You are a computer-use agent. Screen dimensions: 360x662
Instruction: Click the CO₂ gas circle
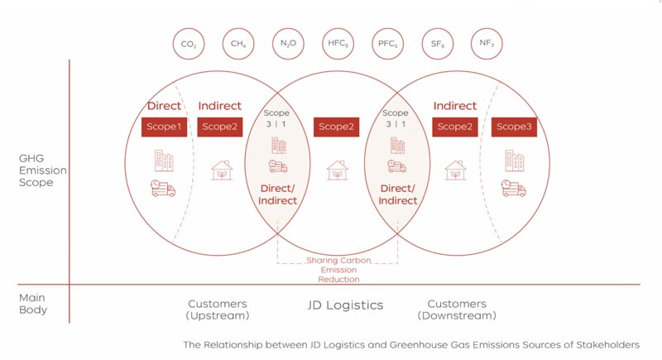point(188,43)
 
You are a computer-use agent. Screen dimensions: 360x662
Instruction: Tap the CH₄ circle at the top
point(237,43)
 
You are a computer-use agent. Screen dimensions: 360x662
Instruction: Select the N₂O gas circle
point(287,43)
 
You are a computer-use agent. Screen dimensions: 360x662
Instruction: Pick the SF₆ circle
point(436,43)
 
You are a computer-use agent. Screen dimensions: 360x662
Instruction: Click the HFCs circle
point(337,43)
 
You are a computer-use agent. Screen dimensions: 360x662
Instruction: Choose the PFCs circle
point(386,43)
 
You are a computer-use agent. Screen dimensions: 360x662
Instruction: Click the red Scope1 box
point(164,127)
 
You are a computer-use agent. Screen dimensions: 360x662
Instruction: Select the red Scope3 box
point(514,127)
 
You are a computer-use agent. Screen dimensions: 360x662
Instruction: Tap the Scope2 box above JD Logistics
point(337,127)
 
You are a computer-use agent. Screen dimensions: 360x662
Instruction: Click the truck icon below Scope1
point(163,188)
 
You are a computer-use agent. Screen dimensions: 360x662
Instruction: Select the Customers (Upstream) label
point(218,310)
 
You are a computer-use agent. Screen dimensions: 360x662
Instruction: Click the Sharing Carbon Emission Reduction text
point(337,270)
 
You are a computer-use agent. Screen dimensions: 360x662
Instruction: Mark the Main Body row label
point(33,304)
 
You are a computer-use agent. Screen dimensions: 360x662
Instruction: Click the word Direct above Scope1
point(164,106)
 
